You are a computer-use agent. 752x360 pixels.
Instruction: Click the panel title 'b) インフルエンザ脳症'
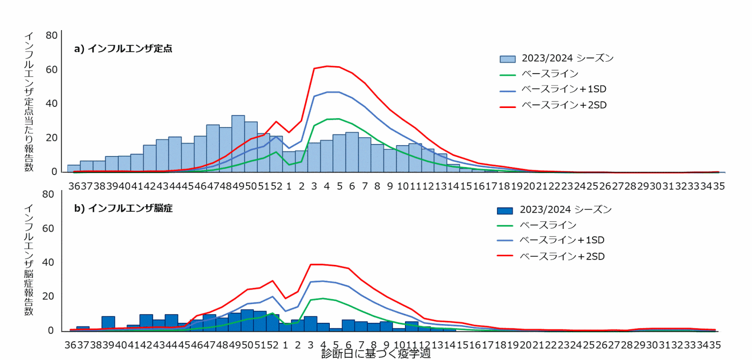pyautogui.click(x=123, y=208)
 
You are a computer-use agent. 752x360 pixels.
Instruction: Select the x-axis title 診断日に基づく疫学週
pyautogui.click(x=376, y=354)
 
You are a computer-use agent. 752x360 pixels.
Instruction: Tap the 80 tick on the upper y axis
pyautogui.click(x=52, y=35)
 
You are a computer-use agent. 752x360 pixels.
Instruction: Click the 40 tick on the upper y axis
pyautogui.click(x=52, y=104)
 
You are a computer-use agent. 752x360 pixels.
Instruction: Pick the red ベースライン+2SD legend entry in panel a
pyautogui.click(x=564, y=105)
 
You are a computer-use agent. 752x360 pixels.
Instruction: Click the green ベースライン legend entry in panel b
pyautogui.click(x=548, y=225)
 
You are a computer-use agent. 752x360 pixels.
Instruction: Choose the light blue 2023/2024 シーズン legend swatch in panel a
pyautogui.click(x=507, y=58)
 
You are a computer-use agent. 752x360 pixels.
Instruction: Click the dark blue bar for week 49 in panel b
pyautogui.click(x=247, y=320)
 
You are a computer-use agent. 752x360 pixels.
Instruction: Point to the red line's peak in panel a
pyautogui.click(x=327, y=66)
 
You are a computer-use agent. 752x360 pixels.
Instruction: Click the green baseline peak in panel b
pyautogui.click(x=323, y=298)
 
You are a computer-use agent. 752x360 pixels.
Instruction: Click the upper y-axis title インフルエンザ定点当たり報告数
pyautogui.click(x=30, y=102)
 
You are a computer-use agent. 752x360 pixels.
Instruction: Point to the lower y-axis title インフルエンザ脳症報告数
pyautogui.click(x=30, y=260)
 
